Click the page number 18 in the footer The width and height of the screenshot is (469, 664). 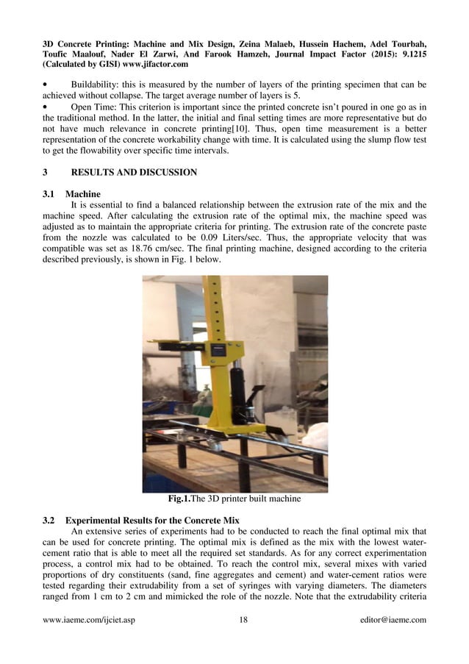[x=243, y=620]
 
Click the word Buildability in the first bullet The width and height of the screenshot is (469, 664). [x=99, y=85]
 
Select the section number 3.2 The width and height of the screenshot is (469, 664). [x=50, y=520]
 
